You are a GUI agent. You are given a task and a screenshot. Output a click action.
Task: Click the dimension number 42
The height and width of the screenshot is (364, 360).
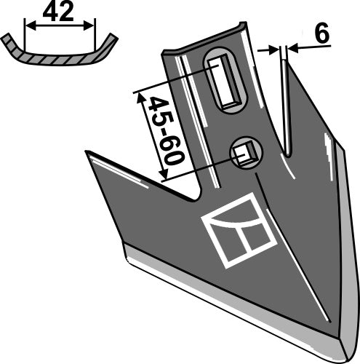pyautogui.click(x=60, y=14)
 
